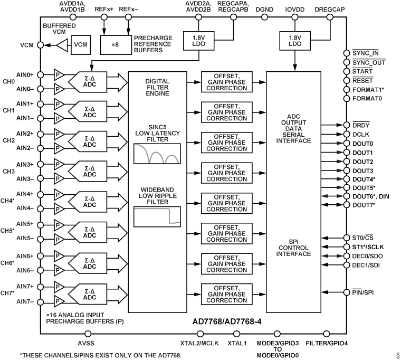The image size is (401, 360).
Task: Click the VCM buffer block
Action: [81, 45]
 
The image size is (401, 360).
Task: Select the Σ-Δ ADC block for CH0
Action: [90, 81]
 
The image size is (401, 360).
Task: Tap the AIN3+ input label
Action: [25, 165]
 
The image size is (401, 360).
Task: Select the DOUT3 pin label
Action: [363, 171]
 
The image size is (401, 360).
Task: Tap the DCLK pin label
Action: [361, 135]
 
